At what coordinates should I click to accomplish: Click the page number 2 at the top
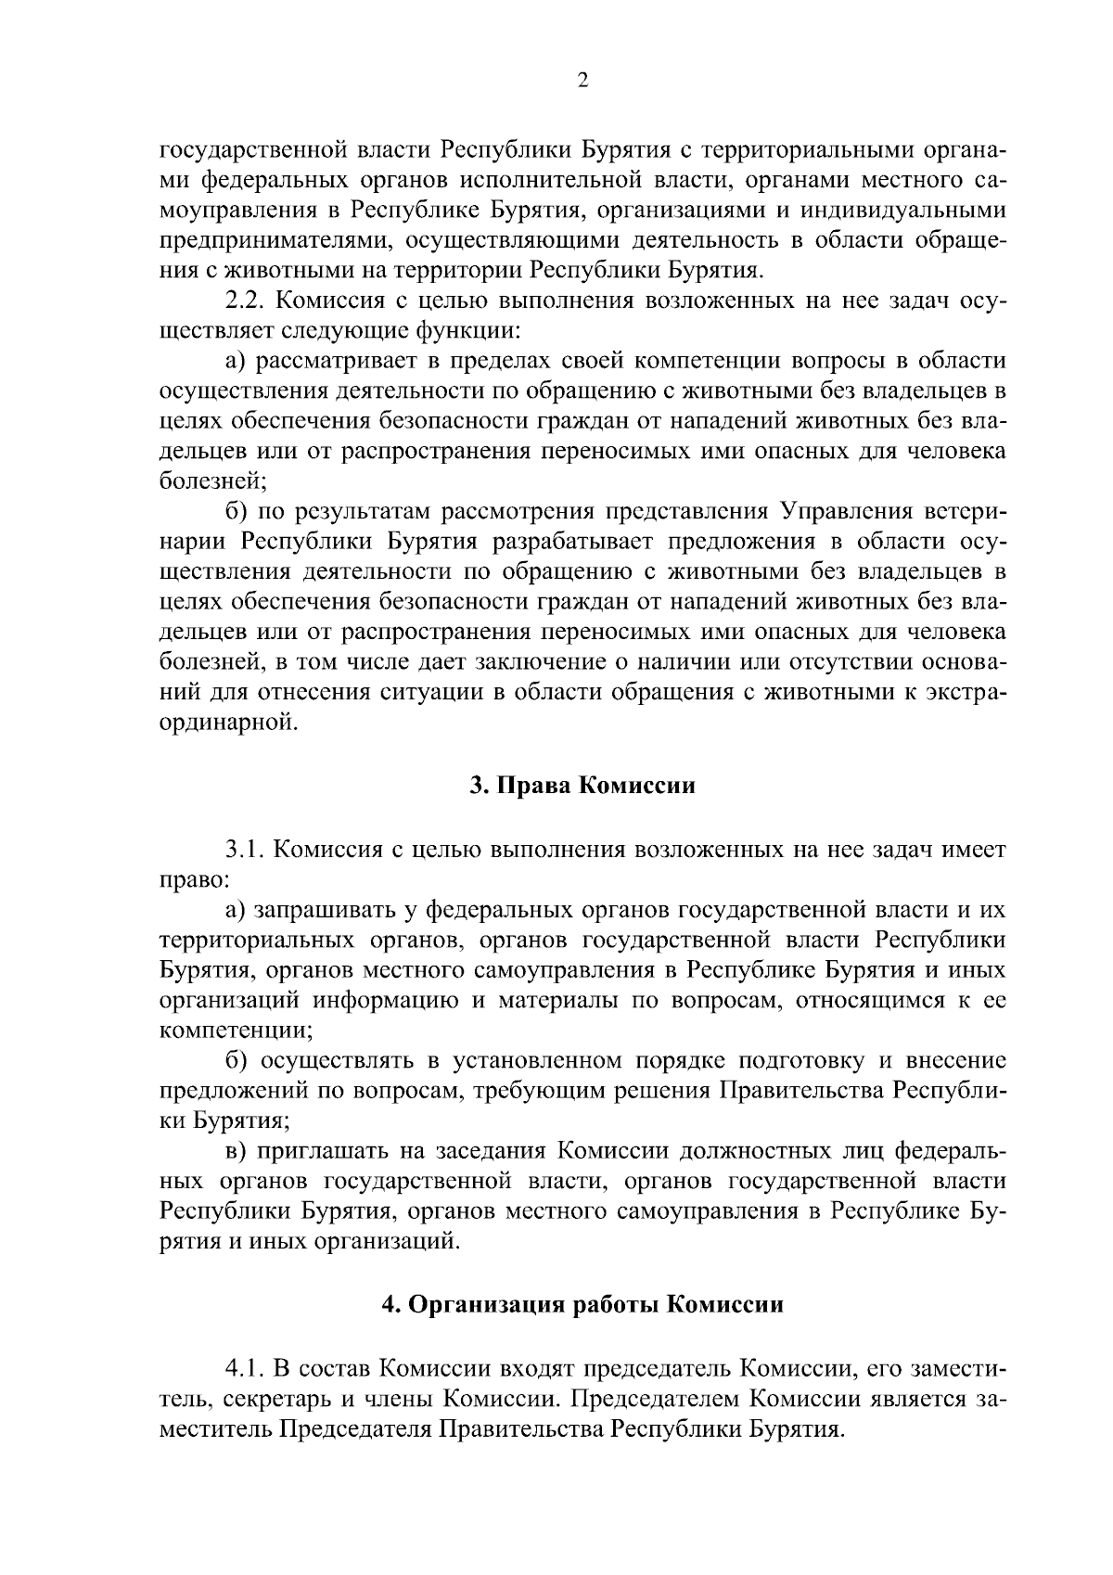click(x=582, y=82)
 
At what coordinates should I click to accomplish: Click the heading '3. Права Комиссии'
click(x=582, y=786)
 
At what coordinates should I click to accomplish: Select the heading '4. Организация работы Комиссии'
click(x=582, y=1304)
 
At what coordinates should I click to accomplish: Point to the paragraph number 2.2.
click(x=247, y=301)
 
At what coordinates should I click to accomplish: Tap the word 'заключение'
click(x=535, y=662)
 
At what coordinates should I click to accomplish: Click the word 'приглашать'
click(x=320, y=1151)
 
